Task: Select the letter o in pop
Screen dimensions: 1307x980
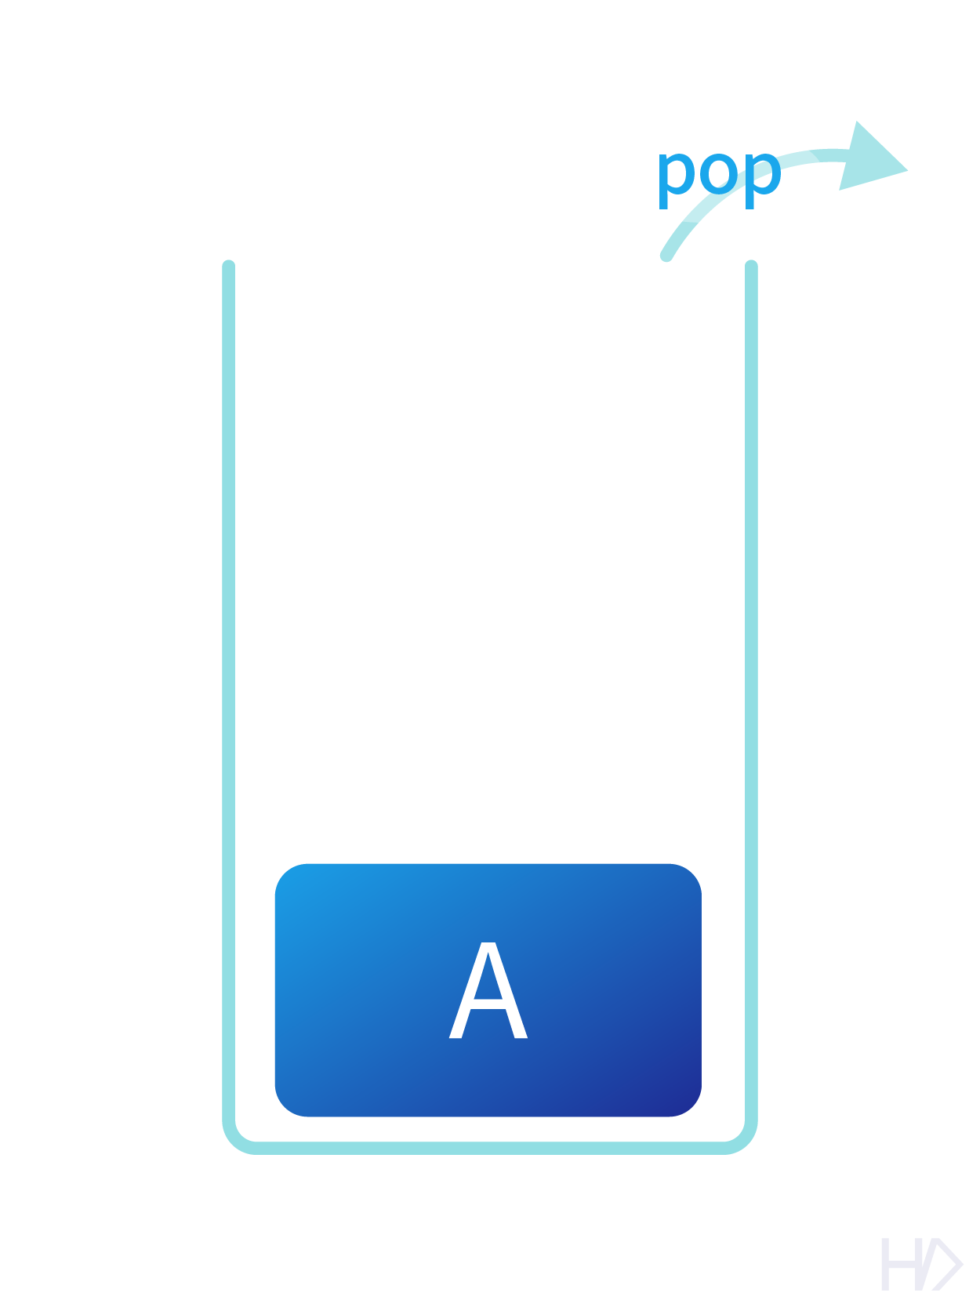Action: click(719, 172)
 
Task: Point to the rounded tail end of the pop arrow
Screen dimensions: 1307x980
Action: click(666, 255)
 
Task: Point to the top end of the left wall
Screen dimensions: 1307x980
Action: click(229, 265)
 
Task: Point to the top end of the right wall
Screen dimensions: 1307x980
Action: click(751, 265)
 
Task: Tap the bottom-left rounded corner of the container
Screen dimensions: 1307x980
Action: click(236, 1139)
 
